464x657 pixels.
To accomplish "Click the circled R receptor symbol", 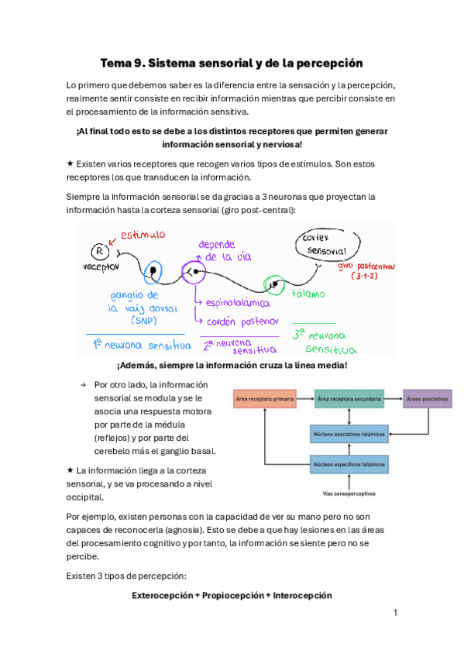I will pos(99,250).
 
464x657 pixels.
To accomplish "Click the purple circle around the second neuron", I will pos(193,271).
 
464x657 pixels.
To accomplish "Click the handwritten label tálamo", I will pos(308,294).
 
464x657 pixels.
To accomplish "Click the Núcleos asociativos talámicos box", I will pos(349,435).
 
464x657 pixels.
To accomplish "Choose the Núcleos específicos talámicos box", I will pos(349,465).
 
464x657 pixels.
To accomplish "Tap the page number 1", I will pos(395,613).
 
